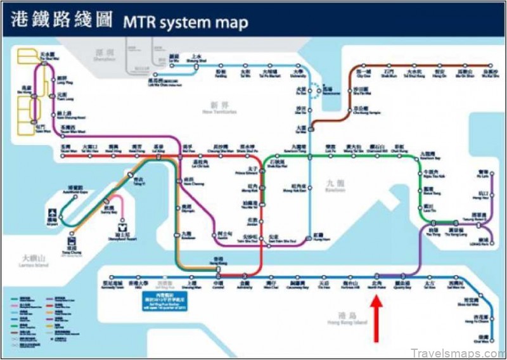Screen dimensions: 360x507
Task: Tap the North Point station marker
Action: click(377, 276)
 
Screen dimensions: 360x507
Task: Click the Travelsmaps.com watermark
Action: click(455, 352)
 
